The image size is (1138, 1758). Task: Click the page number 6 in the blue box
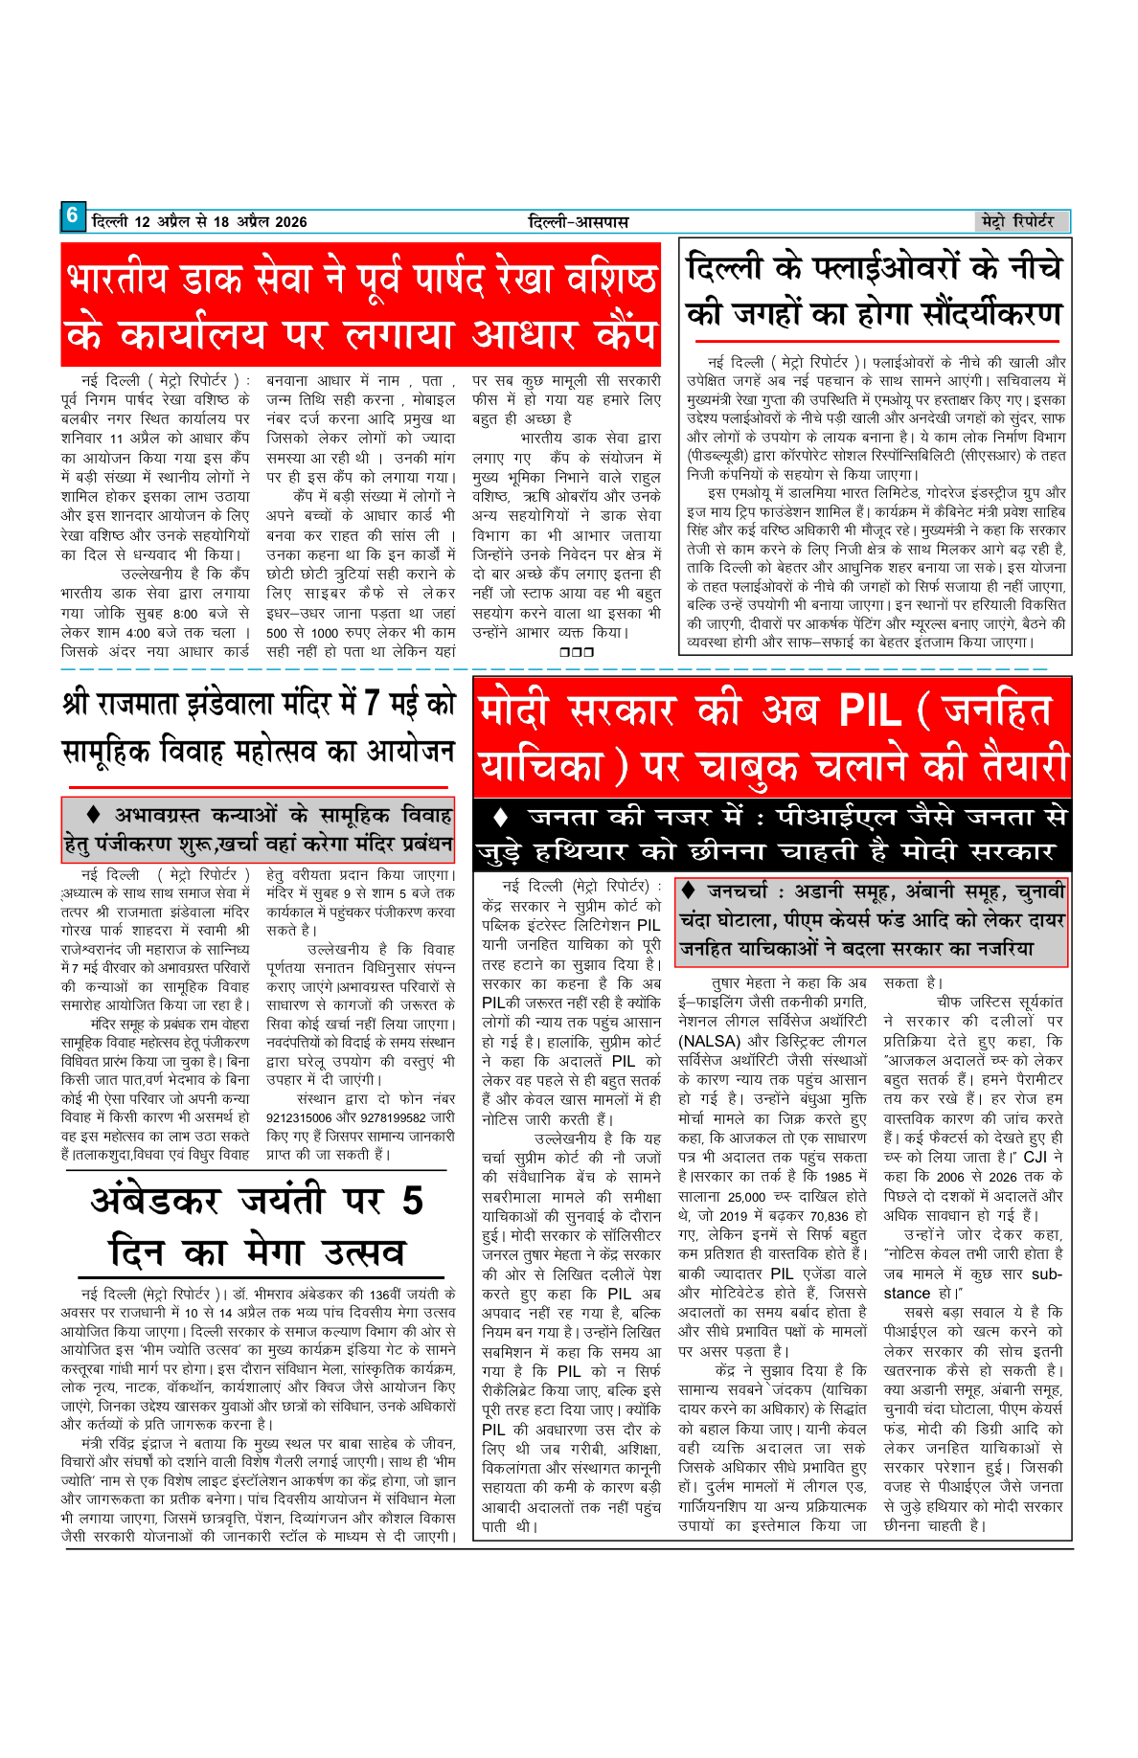[x=72, y=216]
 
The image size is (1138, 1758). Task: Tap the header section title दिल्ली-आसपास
[x=579, y=222]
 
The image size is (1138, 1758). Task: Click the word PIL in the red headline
[x=870, y=710]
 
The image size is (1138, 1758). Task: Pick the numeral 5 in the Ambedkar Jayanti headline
[x=413, y=1201]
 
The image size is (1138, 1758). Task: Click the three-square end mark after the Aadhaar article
[x=577, y=652]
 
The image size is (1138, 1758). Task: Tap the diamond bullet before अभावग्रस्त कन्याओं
[x=94, y=815]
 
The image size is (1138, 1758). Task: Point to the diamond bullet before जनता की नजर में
[x=500, y=818]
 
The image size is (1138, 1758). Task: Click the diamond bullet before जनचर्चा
[x=688, y=890]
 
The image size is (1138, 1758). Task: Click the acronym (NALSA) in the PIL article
[x=708, y=1041]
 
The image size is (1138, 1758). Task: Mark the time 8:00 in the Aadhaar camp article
[x=186, y=614]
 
